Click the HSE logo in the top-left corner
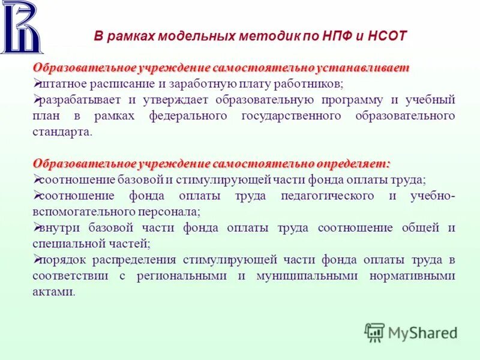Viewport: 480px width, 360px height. tap(22, 28)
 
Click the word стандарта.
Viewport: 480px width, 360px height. tap(62, 131)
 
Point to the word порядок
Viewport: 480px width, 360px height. tap(60, 260)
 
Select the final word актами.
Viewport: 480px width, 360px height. tap(54, 292)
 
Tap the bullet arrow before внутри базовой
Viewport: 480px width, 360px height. tap(37, 227)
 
